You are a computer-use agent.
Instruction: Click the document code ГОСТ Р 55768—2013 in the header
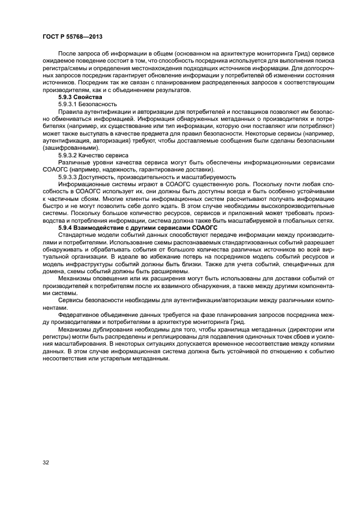coord(73,36)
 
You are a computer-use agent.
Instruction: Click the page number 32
coord(46,463)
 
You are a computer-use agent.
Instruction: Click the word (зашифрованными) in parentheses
coord(71,148)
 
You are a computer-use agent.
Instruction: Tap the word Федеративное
coord(79,315)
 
